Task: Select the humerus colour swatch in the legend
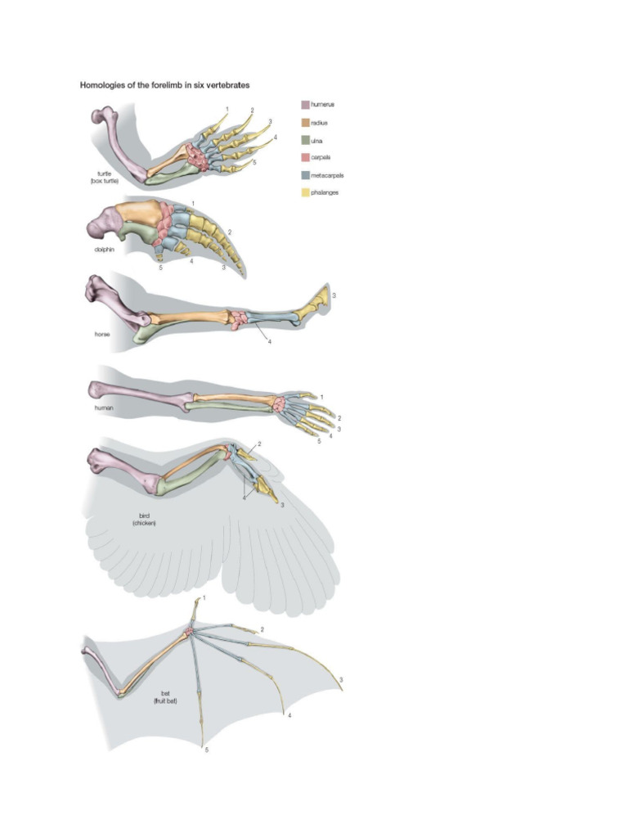pyautogui.click(x=305, y=105)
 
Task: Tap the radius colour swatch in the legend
pyautogui.click(x=305, y=122)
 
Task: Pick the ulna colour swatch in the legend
pyautogui.click(x=305, y=140)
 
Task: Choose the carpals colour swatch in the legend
pyautogui.click(x=305, y=157)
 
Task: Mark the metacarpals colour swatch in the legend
pyautogui.click(x=305, y=175)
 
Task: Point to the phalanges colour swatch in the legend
pyautogui.click(x=305, y=193)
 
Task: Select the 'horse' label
pyautogui.click(x=101, y=334)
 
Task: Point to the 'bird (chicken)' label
pyautogui.click(x=145, y=520)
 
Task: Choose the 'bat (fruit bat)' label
pyautogui.click(x=165, y=697)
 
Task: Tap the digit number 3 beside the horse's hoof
pyautogui.click(x=334, y=295)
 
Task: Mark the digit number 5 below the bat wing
pyautogui.click(x=206, y=750)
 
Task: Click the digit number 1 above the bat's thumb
pyautogui.click(x=204, y=599)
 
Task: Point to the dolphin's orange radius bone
pyautogui.click(x=139, y=214)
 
